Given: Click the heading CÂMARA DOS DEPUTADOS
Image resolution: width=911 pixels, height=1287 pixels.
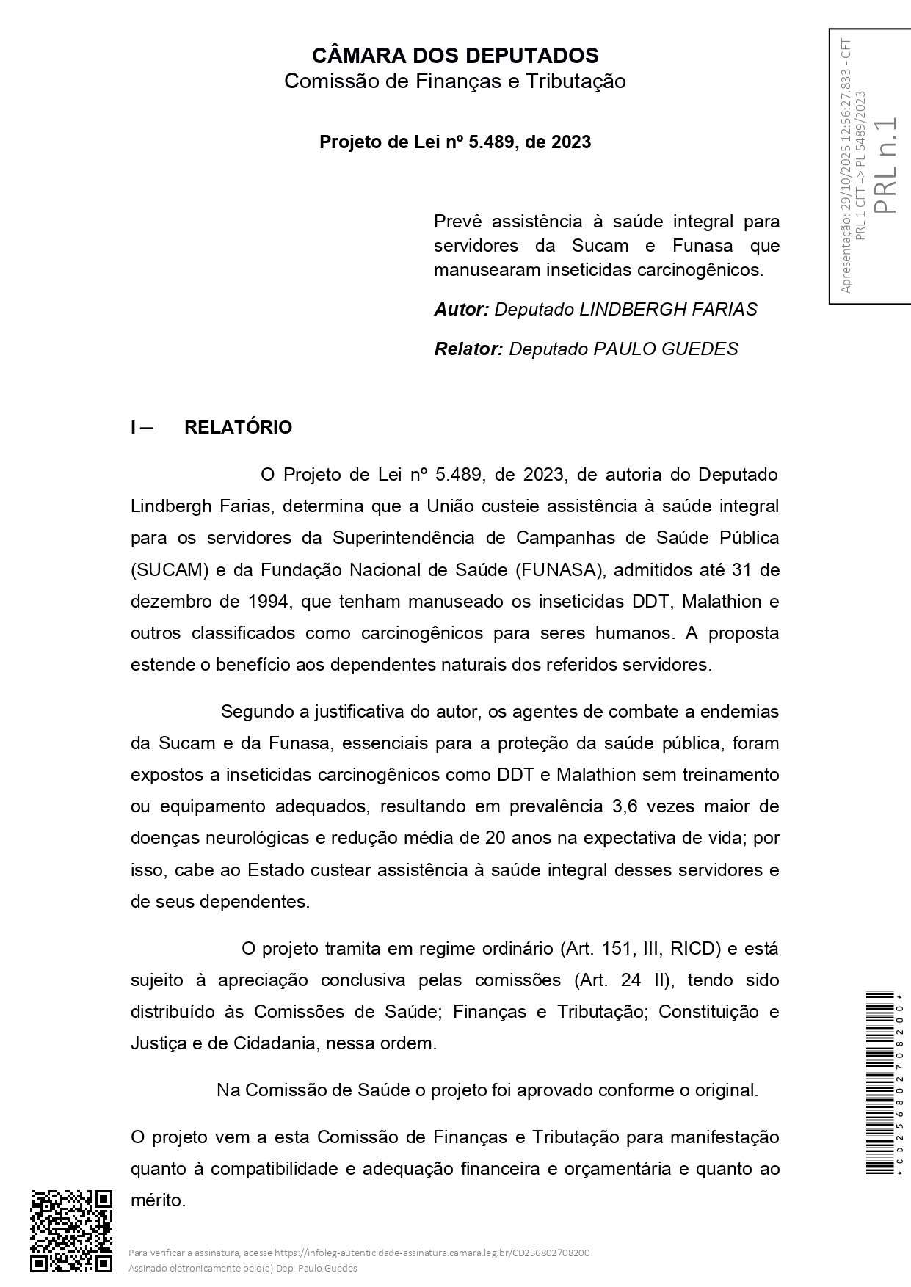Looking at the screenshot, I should coord(455,56).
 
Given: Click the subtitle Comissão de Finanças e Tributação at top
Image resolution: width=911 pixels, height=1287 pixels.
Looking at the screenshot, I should coord(455,81).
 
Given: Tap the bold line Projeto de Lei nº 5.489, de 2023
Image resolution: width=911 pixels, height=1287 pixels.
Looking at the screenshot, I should coord(455,142).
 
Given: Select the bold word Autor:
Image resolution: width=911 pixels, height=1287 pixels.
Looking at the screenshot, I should coord(461,310).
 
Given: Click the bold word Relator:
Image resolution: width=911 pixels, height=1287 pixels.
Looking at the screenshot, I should coord(468,349).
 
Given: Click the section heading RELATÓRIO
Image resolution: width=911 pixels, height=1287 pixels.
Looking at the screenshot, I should coord(238,428).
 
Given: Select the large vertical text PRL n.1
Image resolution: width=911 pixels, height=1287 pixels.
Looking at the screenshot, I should coord(887,165).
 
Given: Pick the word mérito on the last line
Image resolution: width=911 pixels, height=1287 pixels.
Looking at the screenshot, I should coord(157,1201).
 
